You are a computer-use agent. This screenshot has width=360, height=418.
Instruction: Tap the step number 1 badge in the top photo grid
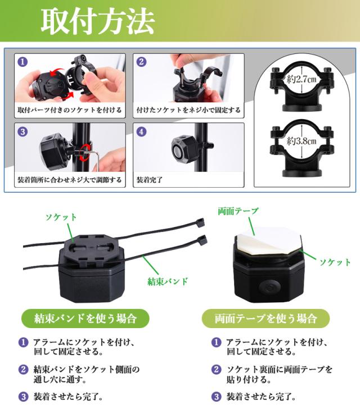[x=22, y=62]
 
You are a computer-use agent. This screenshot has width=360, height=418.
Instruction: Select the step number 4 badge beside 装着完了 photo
[x=141, y=131]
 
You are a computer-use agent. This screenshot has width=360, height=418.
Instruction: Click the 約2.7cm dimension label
[x=301, y=79]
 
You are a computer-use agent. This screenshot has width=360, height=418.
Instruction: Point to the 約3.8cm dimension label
[x=301, y=141]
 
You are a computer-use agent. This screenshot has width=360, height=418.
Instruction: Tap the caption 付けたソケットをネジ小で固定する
[x=188, y=110]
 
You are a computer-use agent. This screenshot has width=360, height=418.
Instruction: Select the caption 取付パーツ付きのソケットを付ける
[x=70, y=110]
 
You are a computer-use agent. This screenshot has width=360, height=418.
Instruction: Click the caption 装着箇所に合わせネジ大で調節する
[x=70, y=180]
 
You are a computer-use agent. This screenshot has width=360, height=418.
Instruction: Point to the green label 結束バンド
[x=168, y=281]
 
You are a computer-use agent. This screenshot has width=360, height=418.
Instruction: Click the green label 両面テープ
[x=238, y=211]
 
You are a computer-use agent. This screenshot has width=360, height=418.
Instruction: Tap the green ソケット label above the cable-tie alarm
[x=61, y=217]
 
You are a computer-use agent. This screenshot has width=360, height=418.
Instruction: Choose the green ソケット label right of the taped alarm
[x=335, y=262]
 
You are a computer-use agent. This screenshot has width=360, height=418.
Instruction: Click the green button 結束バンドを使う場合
[x=85, y=319]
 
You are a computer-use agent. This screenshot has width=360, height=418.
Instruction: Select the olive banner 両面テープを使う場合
[x=265, y=319]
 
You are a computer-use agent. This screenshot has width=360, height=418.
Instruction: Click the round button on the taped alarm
[x=269, y=287]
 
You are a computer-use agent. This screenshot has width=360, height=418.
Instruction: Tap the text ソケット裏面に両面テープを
[x=280, y=369]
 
